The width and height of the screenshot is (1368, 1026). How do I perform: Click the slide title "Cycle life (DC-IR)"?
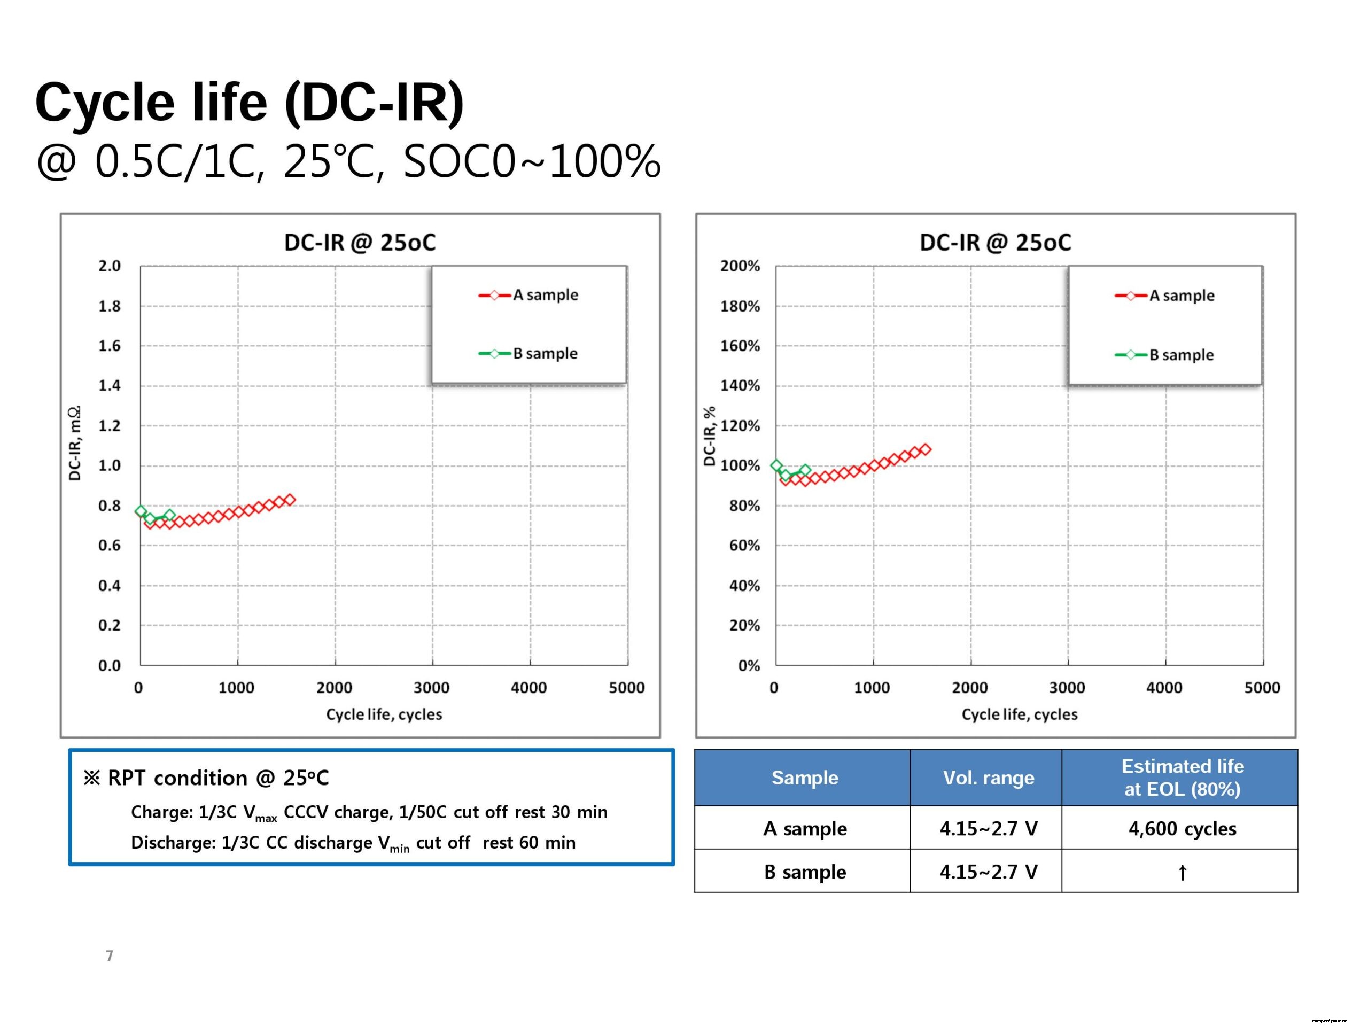(249, 102)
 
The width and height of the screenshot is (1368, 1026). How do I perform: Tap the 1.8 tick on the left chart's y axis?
(110, 306)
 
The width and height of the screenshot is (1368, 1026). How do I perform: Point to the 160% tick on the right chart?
(740, 346)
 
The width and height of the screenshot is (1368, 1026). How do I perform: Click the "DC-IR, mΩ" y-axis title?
(74, 444)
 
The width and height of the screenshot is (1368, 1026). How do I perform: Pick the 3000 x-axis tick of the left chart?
(431, 688)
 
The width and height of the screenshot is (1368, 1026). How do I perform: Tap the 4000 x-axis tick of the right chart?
(1164, 688)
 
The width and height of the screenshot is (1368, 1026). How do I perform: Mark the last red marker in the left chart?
(289, 499)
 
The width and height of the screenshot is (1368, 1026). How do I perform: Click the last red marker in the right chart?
(924, 449)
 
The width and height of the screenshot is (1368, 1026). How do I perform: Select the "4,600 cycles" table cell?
(1182, 829)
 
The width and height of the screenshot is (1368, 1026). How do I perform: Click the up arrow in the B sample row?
(1182, 873)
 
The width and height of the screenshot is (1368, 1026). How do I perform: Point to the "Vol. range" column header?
(988, 778)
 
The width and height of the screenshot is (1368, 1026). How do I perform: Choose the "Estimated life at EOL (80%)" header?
(1182, 778)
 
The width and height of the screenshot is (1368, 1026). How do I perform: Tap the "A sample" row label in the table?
(805, 829)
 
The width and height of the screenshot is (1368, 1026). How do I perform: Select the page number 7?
(110, 956)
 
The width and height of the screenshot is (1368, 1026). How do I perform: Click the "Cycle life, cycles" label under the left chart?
(384, 714)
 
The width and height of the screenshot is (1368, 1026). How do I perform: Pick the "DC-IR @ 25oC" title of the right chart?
(995, 243)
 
